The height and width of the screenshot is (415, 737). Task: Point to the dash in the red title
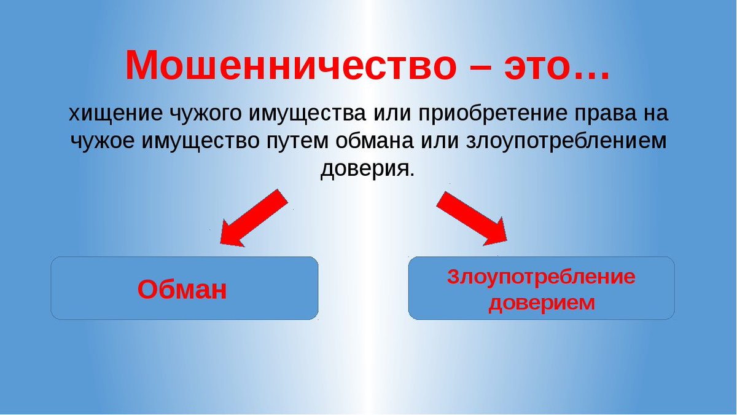(480, 68)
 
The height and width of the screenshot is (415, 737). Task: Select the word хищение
(115, 114)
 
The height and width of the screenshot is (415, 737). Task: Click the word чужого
(205, 116)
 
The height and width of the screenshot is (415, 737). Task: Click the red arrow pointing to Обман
(254, 218)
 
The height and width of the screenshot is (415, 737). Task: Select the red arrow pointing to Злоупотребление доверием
(472, 219)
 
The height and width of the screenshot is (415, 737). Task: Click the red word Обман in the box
(182, 290)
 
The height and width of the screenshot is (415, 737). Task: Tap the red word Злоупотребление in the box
(541, 277)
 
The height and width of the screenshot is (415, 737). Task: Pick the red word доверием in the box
(542, 303)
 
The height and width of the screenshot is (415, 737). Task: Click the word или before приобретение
(392, 114)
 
